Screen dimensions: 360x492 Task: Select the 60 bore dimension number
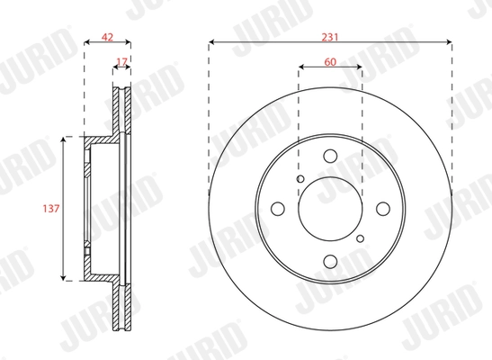point(329,62)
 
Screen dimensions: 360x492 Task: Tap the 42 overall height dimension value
point(107,39)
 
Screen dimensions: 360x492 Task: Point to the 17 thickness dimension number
point(121,62)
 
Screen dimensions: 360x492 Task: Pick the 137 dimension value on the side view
point(51,208)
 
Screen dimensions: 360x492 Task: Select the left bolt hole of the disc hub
point(277,209)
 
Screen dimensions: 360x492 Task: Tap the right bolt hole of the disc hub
point(382,209)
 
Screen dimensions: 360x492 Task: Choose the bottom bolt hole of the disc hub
point(329,261)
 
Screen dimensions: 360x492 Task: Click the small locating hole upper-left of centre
point(300,179)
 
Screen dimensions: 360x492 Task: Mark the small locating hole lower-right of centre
point(360,238)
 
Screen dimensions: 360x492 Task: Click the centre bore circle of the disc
point(329,209)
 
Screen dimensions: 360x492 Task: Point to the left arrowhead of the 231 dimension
point(211,40)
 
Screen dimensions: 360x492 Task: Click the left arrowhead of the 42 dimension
point(86,40)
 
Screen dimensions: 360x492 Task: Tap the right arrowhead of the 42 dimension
point(130,40)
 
